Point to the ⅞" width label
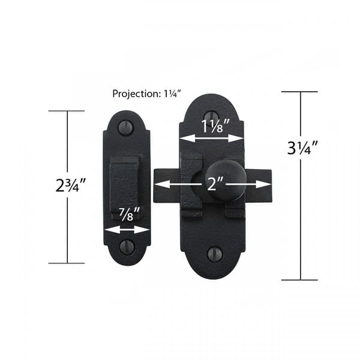pos(127,213)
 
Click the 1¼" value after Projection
pos(170,94)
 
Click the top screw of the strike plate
pos(126,127)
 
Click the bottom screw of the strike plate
pos(127,246)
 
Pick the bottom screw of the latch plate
pos(214,254)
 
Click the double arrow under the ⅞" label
pos(127,229)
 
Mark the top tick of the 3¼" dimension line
pos(299,92)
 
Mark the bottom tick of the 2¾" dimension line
pos(66,263)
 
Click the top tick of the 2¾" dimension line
pos(66,111)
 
